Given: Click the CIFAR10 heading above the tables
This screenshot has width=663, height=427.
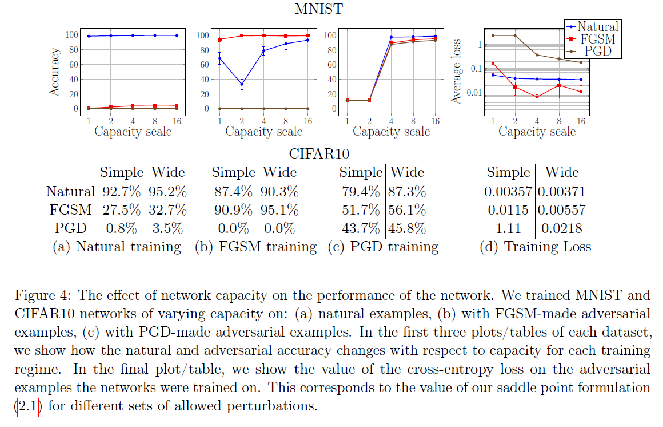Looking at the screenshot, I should (x=319, y=153).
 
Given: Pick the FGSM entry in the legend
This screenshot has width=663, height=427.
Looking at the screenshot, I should (x=597, y=38).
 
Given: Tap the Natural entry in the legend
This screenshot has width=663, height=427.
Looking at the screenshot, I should (x=598, y=26).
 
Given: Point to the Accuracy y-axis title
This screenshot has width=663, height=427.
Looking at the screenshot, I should (x=55, y=72).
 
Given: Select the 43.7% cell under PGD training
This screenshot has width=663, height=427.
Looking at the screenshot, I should (x=360, y=228).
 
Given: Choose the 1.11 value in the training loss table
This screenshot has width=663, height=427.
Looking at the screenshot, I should (x=508, y=228).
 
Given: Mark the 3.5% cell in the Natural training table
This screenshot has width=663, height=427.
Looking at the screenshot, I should (x=168, y=228).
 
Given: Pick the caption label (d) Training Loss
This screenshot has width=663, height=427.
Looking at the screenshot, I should (x=536, y=247).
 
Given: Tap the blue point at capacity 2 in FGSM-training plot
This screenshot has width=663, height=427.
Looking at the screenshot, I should (x=242, y=84).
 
